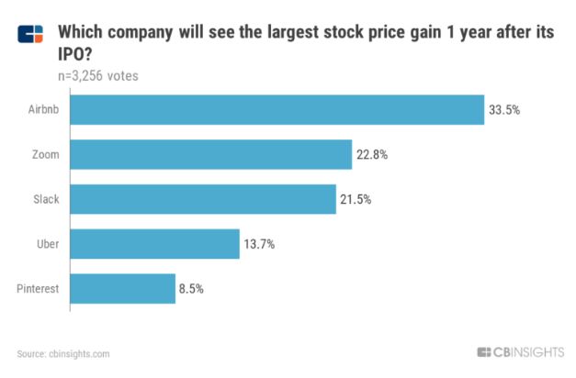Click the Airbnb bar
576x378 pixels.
[277, 110]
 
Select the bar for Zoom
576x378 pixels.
[211, 155]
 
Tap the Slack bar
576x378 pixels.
[203, 199]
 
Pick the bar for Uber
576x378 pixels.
[154, 244]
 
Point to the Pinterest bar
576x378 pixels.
[122, 288]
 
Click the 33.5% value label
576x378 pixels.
[505, 110]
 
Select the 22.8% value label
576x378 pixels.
[372, 155]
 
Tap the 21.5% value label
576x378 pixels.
[356, 199]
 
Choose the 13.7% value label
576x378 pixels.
[259, 244]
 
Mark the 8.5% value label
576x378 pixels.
[191, 288]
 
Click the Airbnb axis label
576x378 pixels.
[42, 110]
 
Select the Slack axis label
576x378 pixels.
[46, 199]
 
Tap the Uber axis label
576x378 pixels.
[48, 244]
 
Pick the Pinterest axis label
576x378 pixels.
[38, 288]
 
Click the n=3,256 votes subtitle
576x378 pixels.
[97, 76]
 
